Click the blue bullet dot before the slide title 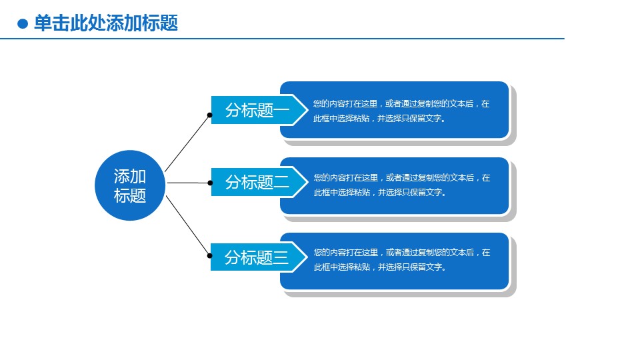[x=23, y=24]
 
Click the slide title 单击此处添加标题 [x=106, y=23]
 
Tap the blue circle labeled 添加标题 [x=130, y=185]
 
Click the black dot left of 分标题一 [x=210, y=115]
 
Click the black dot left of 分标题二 [x=210, y=182]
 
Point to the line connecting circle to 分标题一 [x=187, y=143]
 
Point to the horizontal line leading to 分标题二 [x=188, y=182]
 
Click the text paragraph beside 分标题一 [x=401, y=111]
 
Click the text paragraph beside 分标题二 [x=401, y=185]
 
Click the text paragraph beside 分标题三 [x=401, y=260]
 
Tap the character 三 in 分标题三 [x=281, y=258]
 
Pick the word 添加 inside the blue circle [x=130, y=177]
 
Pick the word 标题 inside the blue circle [x=130, y=196]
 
